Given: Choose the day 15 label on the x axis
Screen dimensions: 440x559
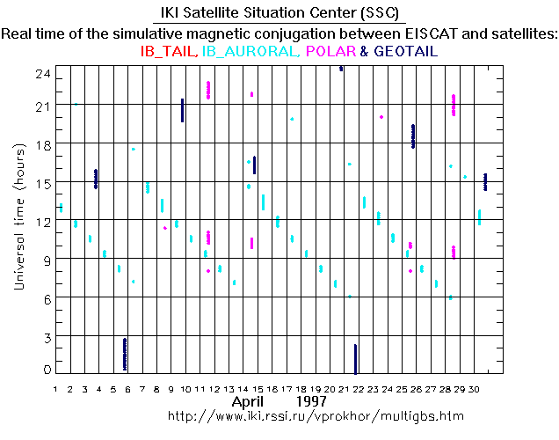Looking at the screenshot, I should (x=256, y=389).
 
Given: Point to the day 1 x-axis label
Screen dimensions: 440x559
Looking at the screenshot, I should (x=56, y=389).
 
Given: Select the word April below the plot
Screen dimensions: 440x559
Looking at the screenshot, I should (x=249, y=401).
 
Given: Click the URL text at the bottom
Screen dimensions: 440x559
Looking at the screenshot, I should (x=315, y=414).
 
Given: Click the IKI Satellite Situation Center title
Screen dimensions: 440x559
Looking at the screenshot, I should (x=279, y=13).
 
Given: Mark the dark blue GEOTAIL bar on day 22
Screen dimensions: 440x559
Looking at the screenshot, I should (x=355, y=358).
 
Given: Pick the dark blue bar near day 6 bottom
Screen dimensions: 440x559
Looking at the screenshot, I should (x=125, y=354).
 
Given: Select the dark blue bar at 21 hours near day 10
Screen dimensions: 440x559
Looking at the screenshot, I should (x=182, y=110).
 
